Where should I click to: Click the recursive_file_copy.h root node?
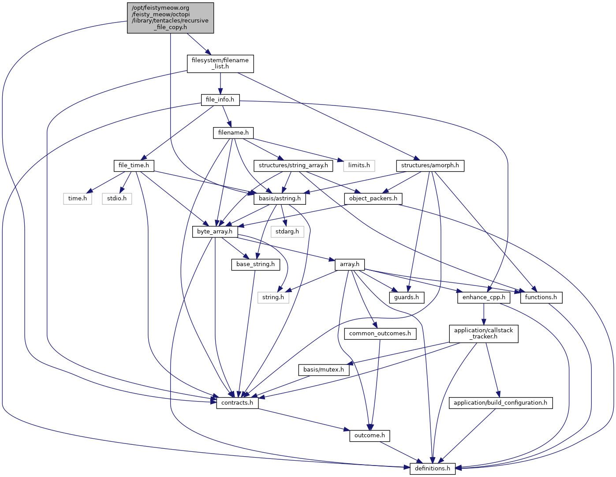pyautogui.click(x=170, y=18)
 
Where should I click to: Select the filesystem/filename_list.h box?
pyautogui.click(x=220, y=64)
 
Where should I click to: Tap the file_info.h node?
pyautogui.click(x=220, y=100)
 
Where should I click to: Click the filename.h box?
pyautogui.click(x=233, y=132)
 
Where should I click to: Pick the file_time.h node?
pyautogui.click(x=134, y=165)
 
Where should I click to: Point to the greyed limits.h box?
pyautogui.click(x=359, y=165)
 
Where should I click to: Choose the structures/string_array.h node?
pyautogui.click(x=293, y=165)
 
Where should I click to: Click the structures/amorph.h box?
pyautogui.click(x=430, y=165)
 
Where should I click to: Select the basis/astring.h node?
pyautogui.click(x=280, y=199)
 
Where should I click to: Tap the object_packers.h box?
pyautogui.click(x=373, y=199)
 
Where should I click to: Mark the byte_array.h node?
pyautogui.click(x=215, y=232)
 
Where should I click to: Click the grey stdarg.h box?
pyautogui.click(x=287, y=232)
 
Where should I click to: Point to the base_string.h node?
pyautogui.click(x=255, y=264)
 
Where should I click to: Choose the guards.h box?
pyautogui.click(x=407, y=297)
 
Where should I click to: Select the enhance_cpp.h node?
pyautogui.click(x=484, y=297)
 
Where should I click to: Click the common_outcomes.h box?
pyautogui.click(x=380, y=334)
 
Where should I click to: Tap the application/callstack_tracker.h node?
pyautogui.click(x=484, y=334)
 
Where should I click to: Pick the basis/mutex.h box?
pyautogui.click(x=324, y=370)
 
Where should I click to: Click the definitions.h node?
pyautogui.click(x=433, y=469)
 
